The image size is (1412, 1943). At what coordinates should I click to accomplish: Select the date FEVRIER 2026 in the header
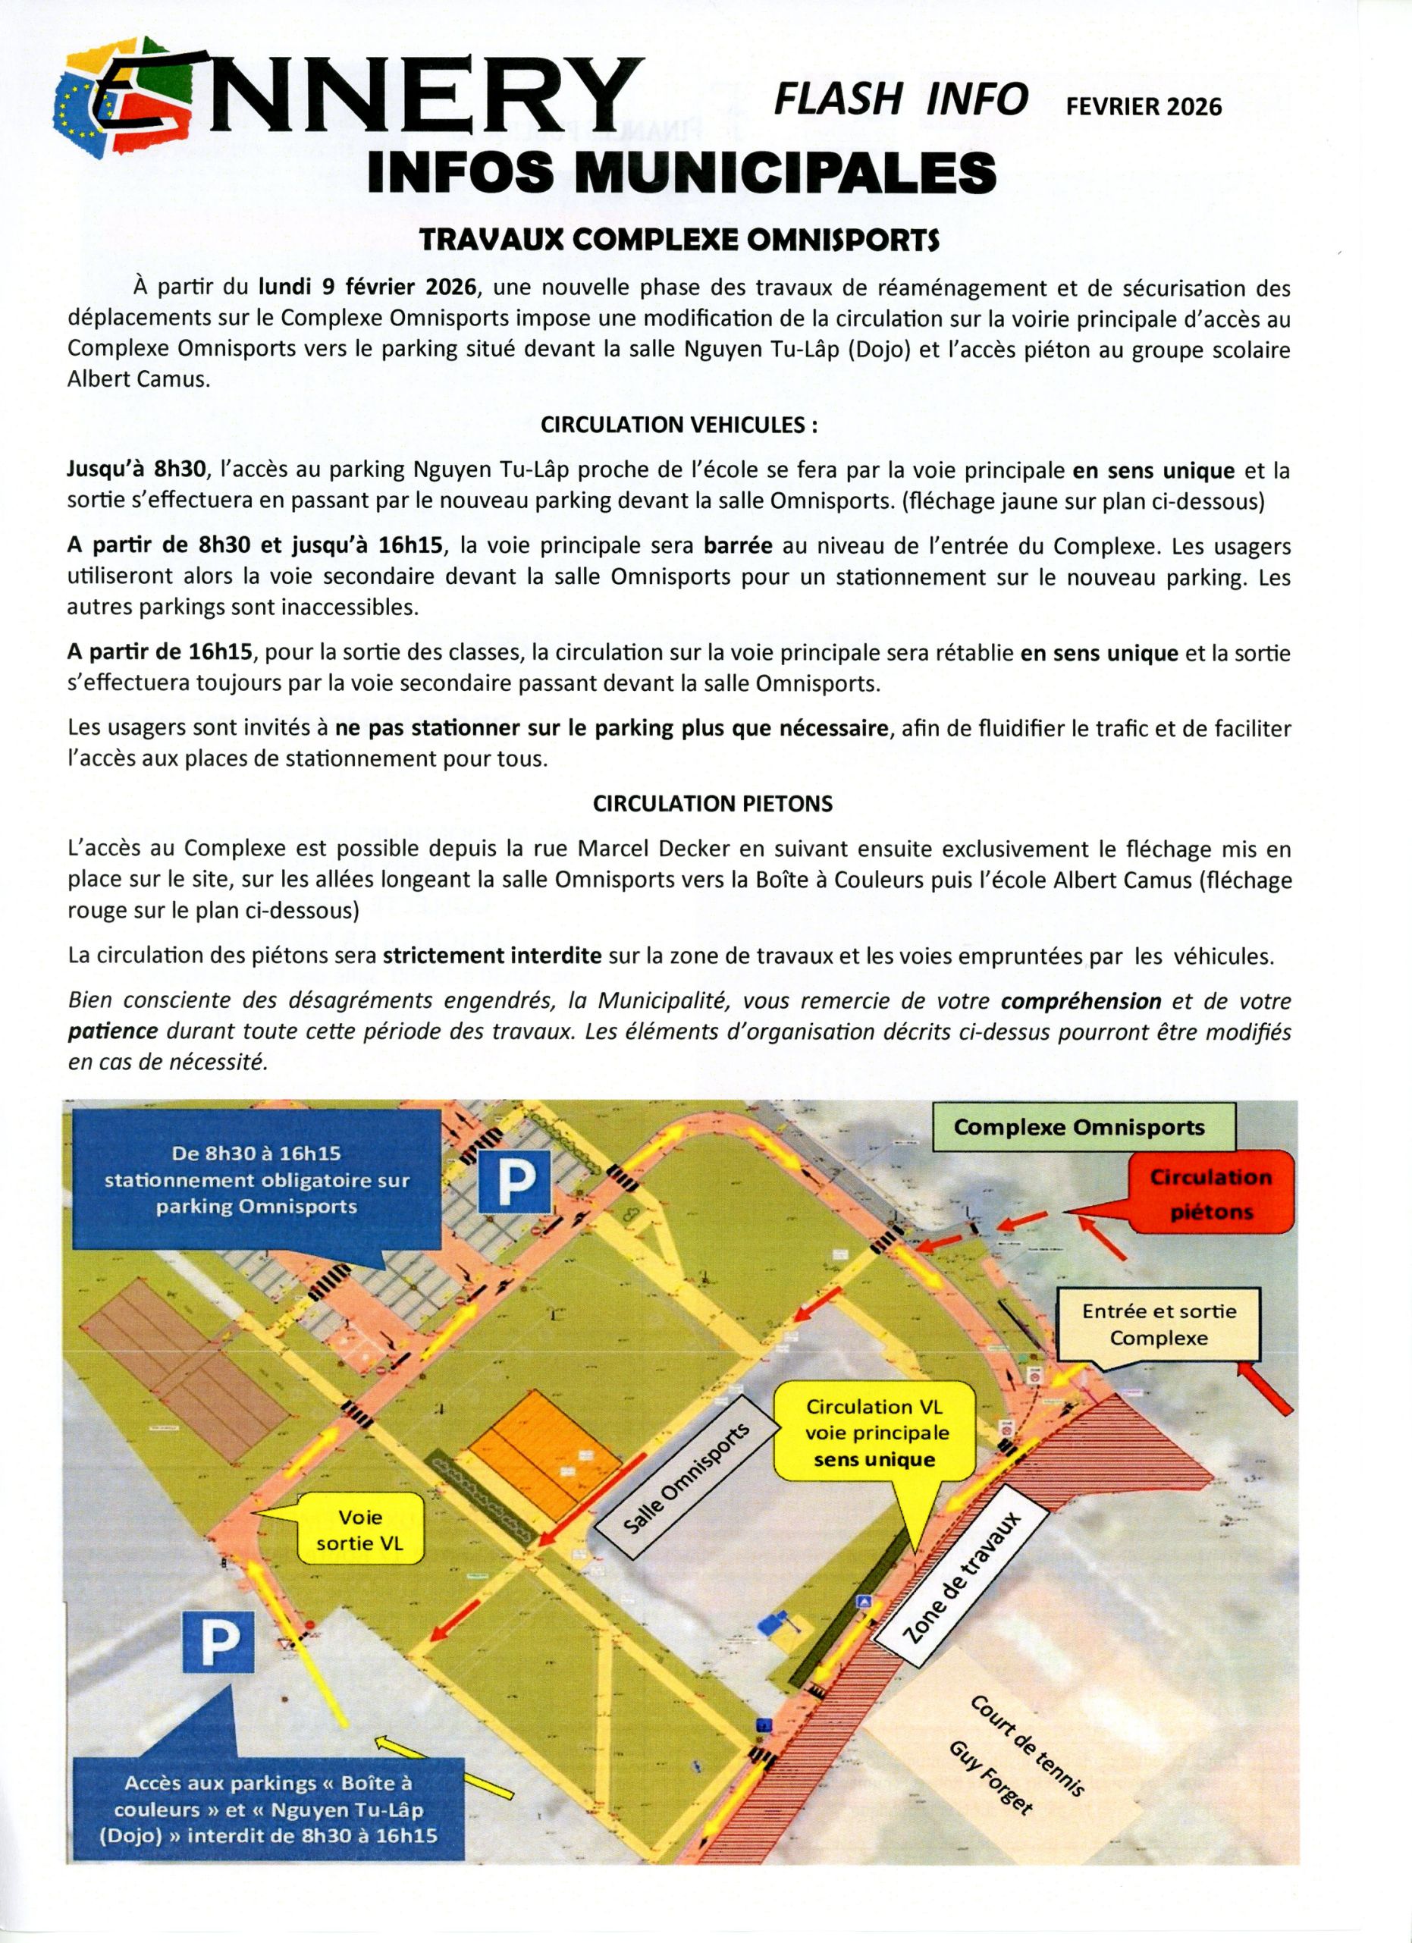click(x=1143, y=106)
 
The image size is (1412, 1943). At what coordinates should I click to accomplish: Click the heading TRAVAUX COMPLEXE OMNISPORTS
click(x=679, y=240)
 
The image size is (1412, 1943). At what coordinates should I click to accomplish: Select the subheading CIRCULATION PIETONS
click(x=713, y=805)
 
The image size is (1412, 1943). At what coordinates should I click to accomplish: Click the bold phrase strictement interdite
click(x=492, y=956)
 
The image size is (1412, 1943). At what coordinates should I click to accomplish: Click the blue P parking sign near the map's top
click(x=513, y=1181)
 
